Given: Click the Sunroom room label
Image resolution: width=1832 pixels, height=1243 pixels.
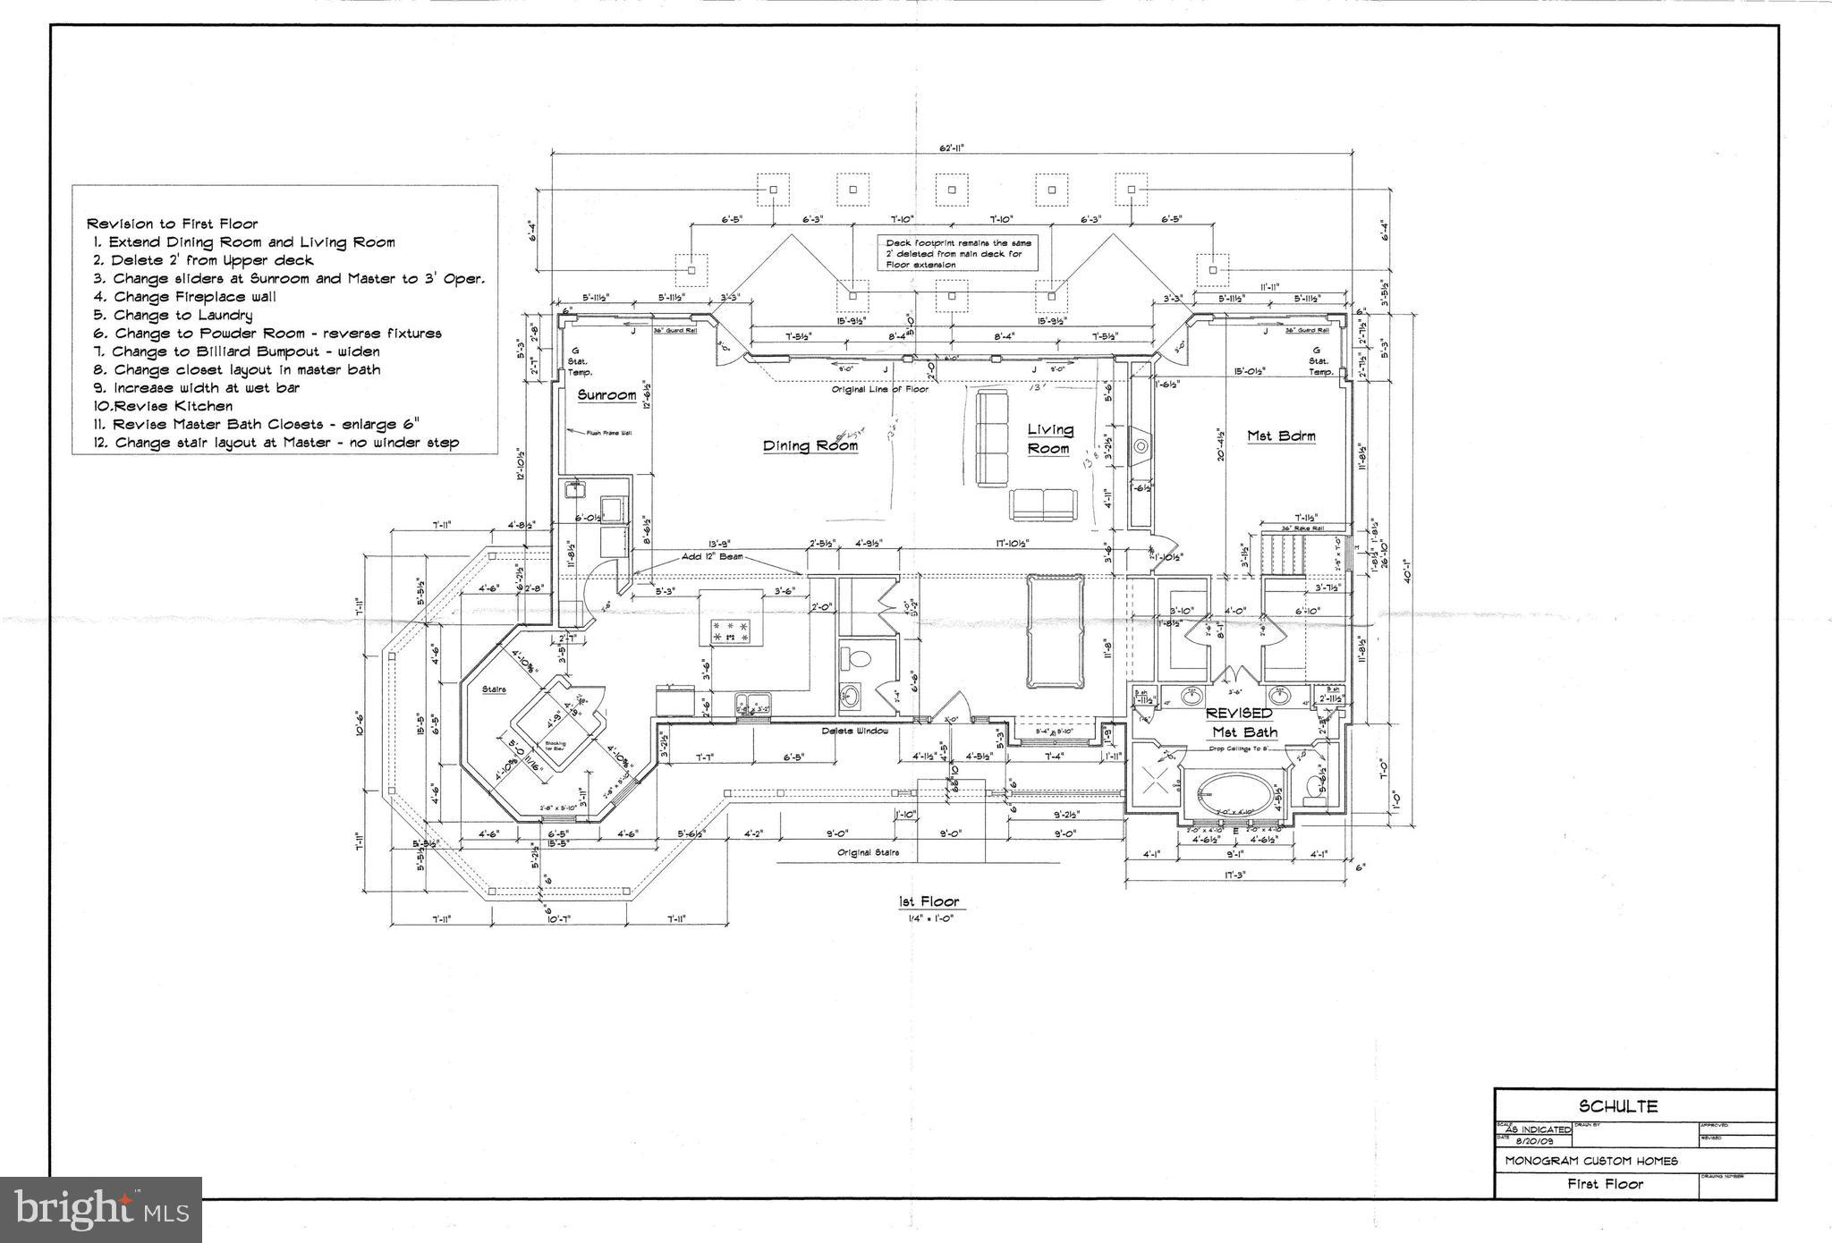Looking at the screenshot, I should [606, 394].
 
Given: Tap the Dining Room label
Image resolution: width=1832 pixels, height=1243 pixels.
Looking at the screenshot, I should [810, 445].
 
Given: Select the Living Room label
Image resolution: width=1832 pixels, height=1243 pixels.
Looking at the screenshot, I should [1048, 438].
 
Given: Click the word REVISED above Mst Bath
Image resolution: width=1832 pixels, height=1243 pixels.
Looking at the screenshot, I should [1239, 713].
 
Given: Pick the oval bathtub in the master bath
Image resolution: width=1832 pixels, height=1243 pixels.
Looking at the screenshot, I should [1234, 794].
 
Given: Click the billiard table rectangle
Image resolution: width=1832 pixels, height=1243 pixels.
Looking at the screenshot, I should [1056, 630].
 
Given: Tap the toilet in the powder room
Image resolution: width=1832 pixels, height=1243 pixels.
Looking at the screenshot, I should [858, 661].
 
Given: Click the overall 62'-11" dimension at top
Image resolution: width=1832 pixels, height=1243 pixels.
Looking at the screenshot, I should [951, 148].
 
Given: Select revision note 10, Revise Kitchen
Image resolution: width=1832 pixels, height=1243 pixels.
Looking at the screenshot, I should [163, 406].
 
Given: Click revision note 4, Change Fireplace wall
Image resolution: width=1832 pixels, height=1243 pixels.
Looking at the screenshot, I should [183, 297].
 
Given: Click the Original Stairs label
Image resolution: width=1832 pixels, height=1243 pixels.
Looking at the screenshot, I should [868, 852].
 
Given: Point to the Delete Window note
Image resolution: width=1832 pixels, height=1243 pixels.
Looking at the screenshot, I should [854, 731].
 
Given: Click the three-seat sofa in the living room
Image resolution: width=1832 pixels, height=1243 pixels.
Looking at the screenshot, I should [990, 437].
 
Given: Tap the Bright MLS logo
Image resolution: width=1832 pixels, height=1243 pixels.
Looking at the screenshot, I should [101, 1209].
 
